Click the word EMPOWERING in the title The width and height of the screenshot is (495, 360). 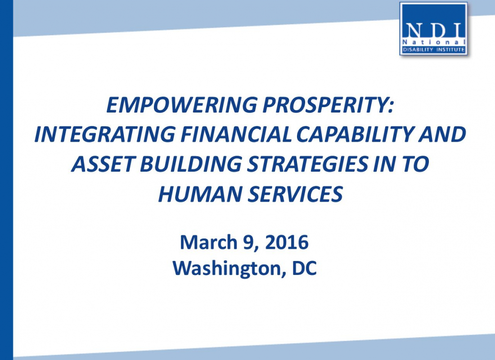click(181, 105)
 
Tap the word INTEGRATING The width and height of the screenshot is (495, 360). click(105, 134)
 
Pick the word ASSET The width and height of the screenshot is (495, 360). click(103, 164)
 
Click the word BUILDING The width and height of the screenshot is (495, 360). click(191, 164)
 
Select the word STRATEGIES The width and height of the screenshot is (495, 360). click(307, 164)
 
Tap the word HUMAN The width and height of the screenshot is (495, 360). click(200, 193)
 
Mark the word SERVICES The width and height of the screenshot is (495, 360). click(295, 193)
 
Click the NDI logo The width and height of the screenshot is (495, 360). click(433, 29)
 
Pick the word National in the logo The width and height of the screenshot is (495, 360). click(434, 42)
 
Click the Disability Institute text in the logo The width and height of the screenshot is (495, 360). click(434, 49)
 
